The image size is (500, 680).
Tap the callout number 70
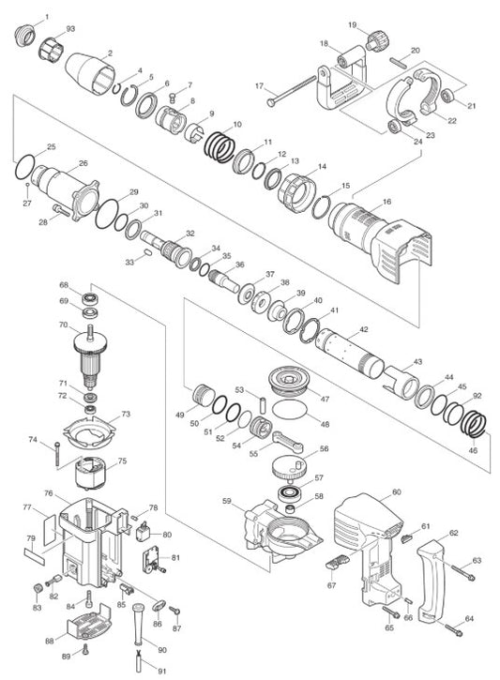64,325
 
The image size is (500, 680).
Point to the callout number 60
396,491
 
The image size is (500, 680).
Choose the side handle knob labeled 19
379,40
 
